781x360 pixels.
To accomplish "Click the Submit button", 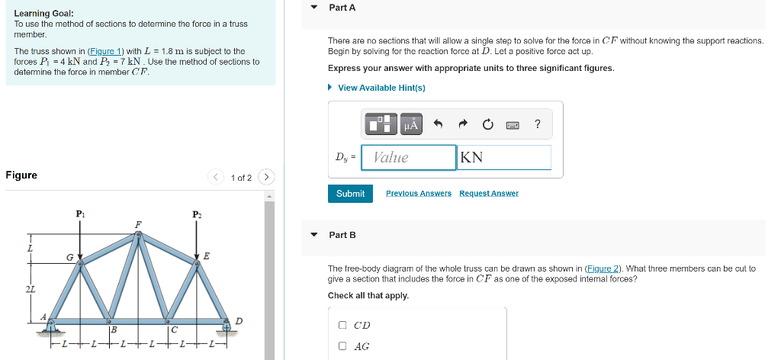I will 350,194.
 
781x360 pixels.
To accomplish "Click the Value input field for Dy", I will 409,158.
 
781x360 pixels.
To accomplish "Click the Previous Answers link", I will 418,194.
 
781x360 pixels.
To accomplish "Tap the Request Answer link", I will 488,194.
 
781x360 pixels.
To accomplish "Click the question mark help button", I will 538,124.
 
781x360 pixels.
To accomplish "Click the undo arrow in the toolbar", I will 438,124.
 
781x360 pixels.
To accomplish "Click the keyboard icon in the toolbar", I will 513,124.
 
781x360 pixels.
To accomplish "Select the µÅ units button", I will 411,124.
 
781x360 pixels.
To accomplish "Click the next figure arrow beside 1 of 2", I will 266,178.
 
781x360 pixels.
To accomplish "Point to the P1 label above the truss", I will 80,215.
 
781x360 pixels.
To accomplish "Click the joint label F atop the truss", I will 138,223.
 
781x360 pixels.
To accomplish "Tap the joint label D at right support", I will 239,321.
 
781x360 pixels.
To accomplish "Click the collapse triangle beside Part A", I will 313,8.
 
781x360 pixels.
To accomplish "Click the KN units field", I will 503,158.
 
